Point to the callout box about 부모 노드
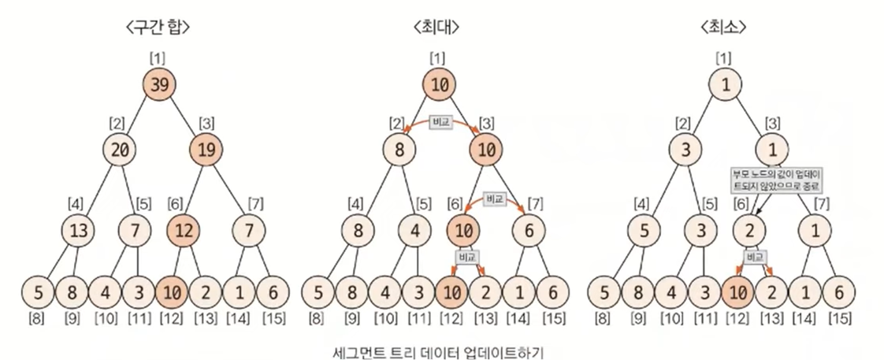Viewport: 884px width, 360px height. [x=777, y=180]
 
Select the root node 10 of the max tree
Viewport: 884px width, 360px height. [x=440, y=85]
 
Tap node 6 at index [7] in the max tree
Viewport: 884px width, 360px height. [x=527, y=232]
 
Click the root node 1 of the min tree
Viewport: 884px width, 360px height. [x=725, y=85]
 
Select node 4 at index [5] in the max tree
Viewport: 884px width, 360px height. [x=414, y=232]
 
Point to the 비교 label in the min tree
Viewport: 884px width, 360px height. [x=754, y=257]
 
